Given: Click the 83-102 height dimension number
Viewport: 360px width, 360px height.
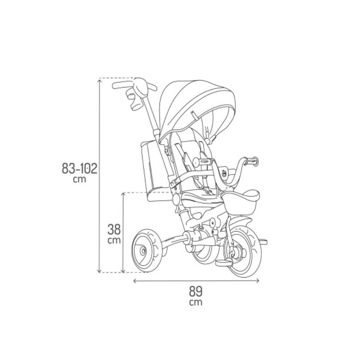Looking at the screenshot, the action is (80, 169).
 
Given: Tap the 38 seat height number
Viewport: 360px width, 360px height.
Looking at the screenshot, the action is (114, 230).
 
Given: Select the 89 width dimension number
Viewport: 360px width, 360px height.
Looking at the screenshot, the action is (196, 292).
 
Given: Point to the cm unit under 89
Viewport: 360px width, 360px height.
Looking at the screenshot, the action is (196, 302).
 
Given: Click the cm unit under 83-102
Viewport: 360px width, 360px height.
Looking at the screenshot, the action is (80, 179).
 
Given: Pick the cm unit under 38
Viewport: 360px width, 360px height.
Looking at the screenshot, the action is (114, 240).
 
